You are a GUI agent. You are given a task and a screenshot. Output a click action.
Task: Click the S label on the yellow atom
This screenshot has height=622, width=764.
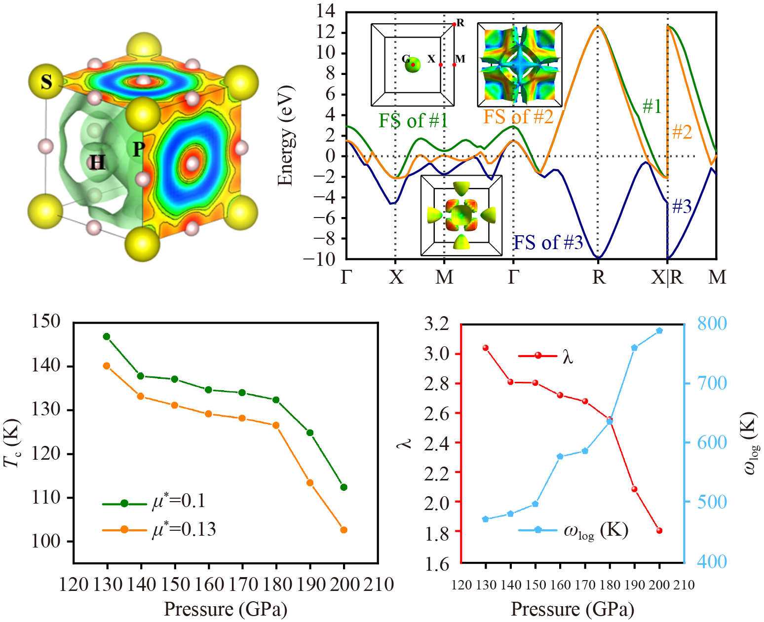[46, 81]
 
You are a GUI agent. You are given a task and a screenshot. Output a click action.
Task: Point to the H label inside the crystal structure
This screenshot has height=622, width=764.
[97, 162]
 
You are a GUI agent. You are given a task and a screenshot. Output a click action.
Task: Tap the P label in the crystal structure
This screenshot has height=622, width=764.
[139, 148]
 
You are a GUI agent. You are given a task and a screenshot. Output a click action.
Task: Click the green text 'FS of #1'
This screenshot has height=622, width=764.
[413, 120]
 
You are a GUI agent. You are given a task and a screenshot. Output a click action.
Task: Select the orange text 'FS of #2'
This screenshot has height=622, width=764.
[518, 117]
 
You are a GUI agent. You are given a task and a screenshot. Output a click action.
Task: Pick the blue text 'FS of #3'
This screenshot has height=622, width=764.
[548, 243]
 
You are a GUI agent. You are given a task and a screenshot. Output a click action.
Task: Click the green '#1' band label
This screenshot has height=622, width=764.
[651, 106]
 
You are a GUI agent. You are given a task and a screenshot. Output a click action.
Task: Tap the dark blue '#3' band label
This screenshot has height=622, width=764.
[682, 207]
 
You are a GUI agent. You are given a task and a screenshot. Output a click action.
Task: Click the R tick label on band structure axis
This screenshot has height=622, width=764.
[598, 278]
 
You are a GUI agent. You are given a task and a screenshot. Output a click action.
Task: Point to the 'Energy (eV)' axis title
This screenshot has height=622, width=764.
[285, 136]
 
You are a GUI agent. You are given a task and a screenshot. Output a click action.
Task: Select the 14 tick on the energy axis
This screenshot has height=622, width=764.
[326, 11]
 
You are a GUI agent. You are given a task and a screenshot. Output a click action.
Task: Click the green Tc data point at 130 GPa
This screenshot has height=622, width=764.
[107, 336]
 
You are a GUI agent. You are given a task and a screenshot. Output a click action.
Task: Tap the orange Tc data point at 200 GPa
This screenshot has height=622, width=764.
[344, 530]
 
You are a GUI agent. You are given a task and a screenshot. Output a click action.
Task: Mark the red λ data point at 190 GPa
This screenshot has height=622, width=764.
[634, 489]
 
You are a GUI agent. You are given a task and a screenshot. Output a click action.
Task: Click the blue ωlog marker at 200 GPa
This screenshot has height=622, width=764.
[659, 330]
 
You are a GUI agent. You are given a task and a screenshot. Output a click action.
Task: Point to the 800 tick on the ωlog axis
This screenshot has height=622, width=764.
[712, 324]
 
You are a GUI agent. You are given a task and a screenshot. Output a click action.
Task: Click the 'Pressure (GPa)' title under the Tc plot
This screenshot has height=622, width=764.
[226, 609]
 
